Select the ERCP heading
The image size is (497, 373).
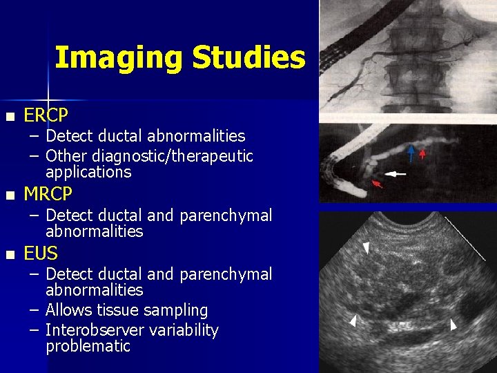(x=46, y=115)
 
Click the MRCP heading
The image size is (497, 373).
(x=48, y=195)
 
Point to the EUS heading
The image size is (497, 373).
(x=41, y=254)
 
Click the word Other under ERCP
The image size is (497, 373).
(x=66, y=156)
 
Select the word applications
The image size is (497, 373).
(x=88, y=171)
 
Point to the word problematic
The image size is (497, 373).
(x=88, y=346)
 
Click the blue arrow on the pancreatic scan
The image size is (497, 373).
(x=411, y=153)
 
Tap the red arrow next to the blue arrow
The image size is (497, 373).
(x=422, y=153)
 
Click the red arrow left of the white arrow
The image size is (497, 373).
(x=378, y=184)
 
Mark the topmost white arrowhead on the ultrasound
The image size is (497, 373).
(x=367, y=247)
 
